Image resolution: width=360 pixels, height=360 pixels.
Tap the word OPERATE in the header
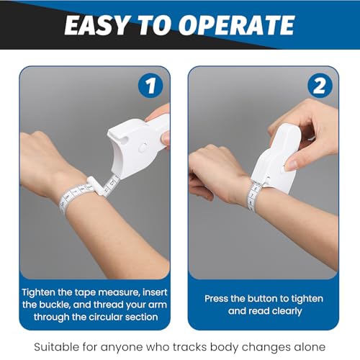(x=236, y=25)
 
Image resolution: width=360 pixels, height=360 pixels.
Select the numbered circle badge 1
(x=150, y=86)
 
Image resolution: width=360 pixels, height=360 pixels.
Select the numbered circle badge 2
(x=320, y=86)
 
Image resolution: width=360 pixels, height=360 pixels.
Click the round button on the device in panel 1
(x=143, y=147)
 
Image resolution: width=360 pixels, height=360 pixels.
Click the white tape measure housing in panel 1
(x=138, y=145)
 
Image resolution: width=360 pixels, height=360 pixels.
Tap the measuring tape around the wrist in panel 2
(x=253, y=196)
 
